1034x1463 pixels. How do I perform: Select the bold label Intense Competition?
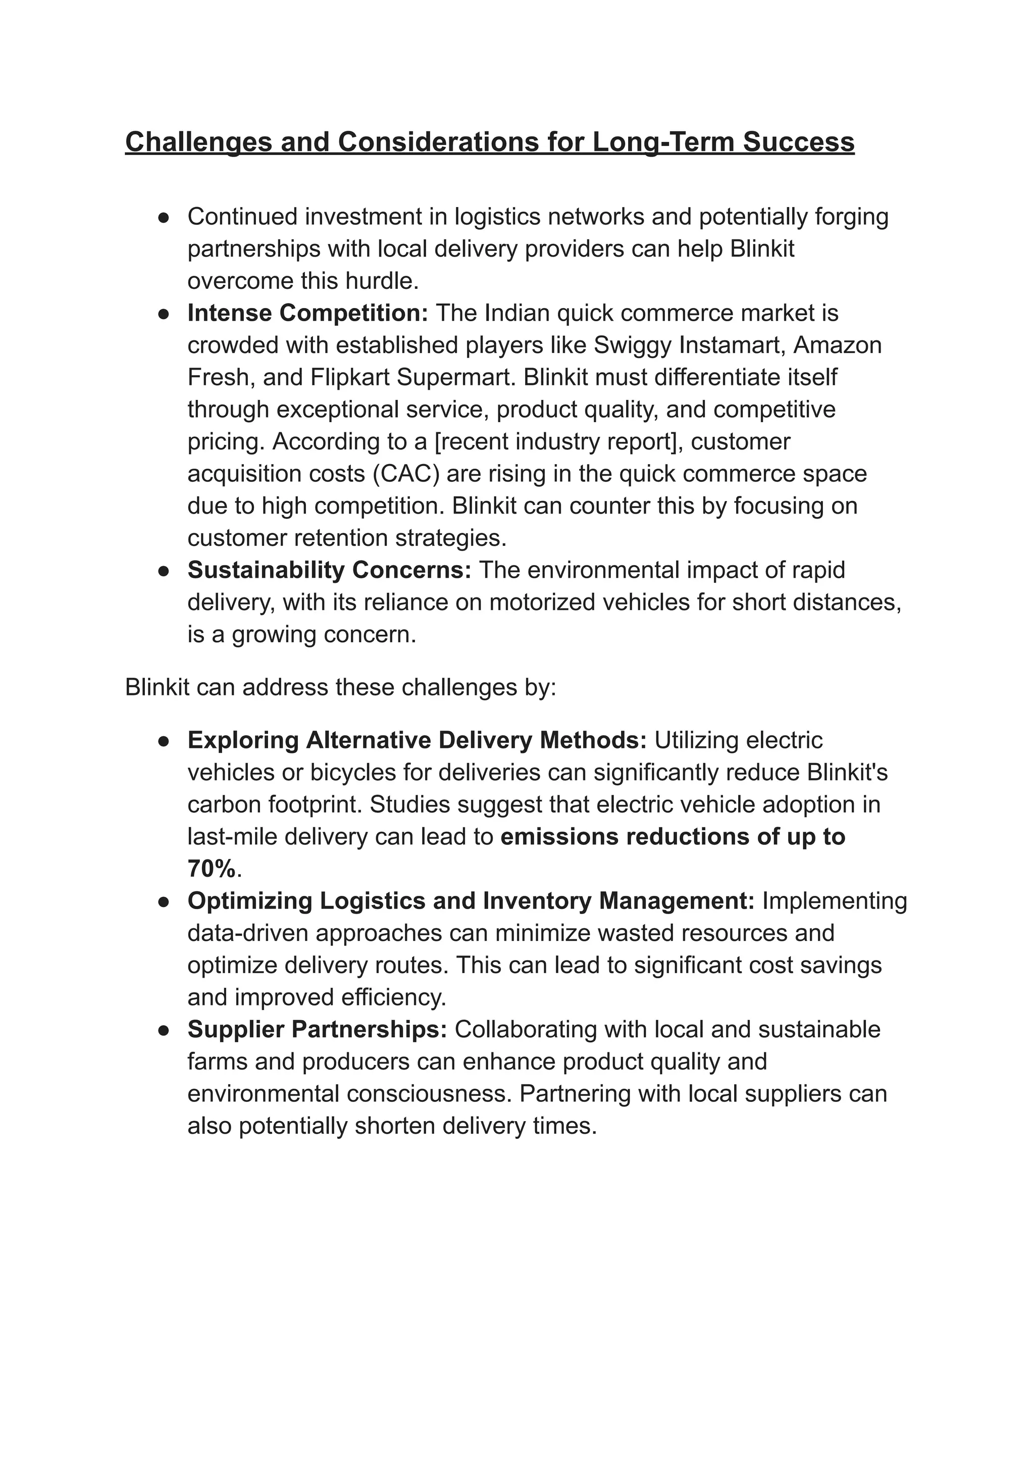[307, 313]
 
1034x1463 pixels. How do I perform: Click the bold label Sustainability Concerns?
[329, 570]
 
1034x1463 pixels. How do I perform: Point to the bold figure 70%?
[212, 869]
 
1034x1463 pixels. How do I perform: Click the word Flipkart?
[350, 377]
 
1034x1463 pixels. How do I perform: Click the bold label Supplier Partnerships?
[317, 1029]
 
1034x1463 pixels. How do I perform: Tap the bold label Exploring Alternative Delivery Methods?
[417, 740]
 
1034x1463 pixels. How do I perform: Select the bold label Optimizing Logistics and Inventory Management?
[471, 900]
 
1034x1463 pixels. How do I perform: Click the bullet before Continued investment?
[163, 217]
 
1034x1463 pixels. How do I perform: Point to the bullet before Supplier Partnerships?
[163, 1030]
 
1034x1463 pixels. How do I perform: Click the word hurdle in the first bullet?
[382, 281]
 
